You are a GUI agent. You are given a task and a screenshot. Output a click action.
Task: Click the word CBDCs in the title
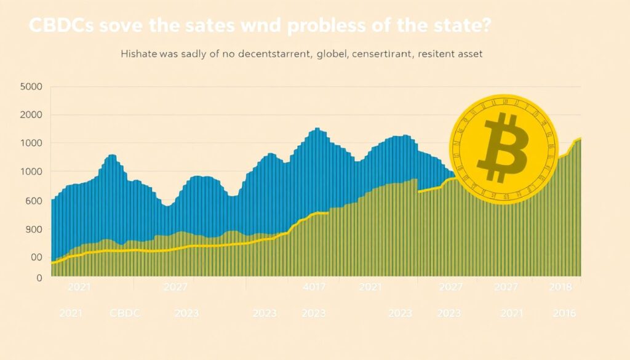click(x=60, y=28)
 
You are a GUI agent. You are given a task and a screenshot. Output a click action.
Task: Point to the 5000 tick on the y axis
click(x=31, y=86)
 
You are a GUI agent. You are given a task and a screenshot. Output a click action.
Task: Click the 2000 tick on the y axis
click(x=31, y=115)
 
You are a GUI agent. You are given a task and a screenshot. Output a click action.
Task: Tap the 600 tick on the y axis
click(x=33, y=201)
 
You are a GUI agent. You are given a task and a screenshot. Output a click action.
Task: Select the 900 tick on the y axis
click(x=33, y=229)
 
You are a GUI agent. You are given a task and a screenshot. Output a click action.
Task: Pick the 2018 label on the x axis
click(x=560, y=287)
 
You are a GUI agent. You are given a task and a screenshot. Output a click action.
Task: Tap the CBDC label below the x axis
click(x=125, y=313)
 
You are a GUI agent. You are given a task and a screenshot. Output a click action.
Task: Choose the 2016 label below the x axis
click(x=564, y=313)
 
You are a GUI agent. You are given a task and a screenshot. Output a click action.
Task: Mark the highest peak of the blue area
click(x=317, y=129)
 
